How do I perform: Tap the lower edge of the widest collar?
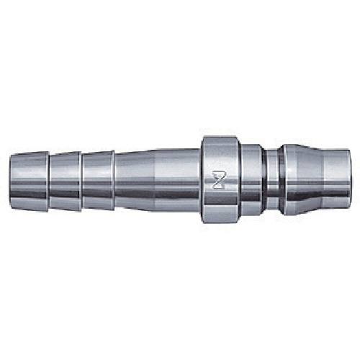coord(220,220)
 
